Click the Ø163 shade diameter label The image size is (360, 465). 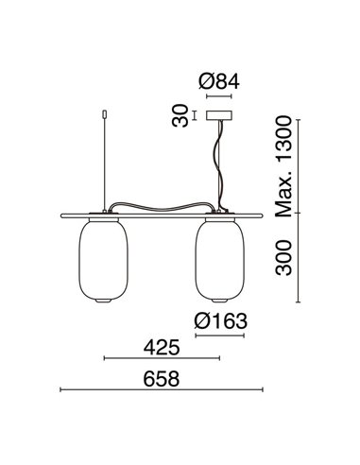pyautogui.click(x=222, y=322)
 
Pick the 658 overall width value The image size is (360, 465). pyautogui.click(x=162, y=375)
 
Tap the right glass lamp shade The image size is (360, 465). pyautogui.click(x=221, y=258)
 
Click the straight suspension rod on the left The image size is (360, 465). pyautogui.click(x=101, y=161)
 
